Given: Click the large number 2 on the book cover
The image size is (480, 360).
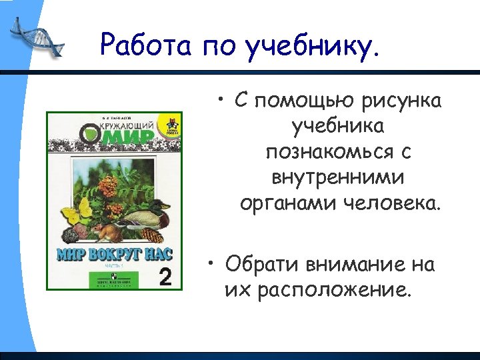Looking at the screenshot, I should (169, 276).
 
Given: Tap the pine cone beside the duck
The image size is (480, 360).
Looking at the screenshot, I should (152, 234).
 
